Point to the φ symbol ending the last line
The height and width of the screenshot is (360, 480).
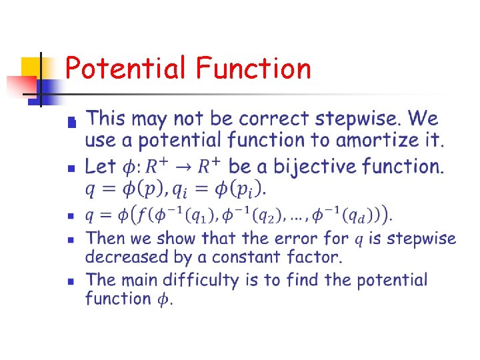pos(163,299)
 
